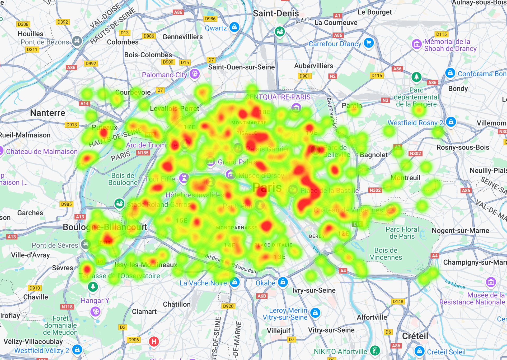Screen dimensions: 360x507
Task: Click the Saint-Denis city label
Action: click(276, 13)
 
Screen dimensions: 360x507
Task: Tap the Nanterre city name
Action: click(48, 113)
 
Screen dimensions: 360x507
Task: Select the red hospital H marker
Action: click(154, 341)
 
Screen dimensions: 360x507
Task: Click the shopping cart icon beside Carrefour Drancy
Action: click(369, 43)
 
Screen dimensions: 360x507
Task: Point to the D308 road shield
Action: click(23, 24)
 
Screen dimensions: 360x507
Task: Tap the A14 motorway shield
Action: click(84, 103)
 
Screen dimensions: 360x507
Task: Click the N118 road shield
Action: click(67, 307)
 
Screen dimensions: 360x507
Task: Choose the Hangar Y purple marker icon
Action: click(96, 312)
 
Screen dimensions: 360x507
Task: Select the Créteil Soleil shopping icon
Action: click(419, 351)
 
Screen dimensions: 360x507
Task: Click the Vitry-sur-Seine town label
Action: click(331, 330)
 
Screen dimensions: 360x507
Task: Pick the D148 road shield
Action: click(398, 301)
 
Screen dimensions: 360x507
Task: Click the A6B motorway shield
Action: click(262, 296)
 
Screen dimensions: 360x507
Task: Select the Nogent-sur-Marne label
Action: click(460, 230)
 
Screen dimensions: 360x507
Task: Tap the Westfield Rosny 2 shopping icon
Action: click(451, 122)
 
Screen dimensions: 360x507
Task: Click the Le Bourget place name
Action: click(375, 12)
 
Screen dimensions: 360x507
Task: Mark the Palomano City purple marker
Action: click(195, 74)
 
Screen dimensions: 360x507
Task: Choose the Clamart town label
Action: click(144, 312)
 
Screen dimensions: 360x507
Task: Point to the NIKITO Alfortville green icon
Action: click(375, 351)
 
